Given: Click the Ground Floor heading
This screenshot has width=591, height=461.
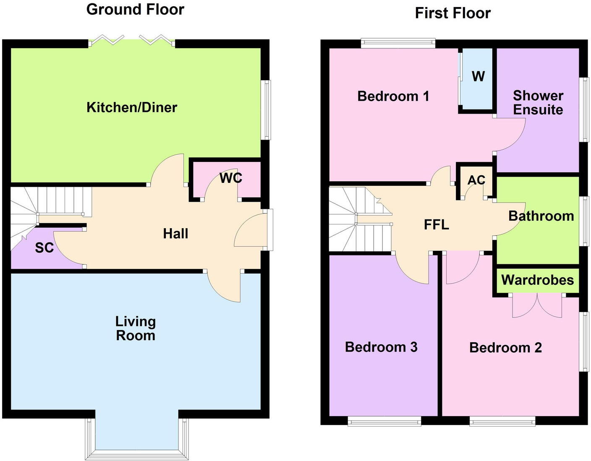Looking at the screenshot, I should pyautogui.click(x=135, y=9).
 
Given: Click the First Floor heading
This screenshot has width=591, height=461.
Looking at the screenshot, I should pyautogui.click(x=452, y=13).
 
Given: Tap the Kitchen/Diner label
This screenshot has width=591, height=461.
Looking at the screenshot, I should pyautogui.click(x=132, y=107).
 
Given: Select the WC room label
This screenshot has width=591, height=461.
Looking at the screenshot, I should pyautogui.click(x=231, y=178).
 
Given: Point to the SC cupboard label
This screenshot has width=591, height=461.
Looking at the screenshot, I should pyautogui.click(x=44, y=248).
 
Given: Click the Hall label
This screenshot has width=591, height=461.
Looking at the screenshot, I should pyautogui.click(x=175, y=234).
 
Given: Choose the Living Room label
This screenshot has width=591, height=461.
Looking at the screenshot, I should pyautogui.click(x=136, y=328).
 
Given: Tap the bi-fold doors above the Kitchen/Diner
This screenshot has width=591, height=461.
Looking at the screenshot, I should pyautogui.click(x=132, y=40).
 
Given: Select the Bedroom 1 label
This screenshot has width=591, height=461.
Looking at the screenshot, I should pyautogui.click(x=393, y=96).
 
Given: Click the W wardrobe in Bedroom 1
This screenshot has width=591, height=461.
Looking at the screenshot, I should pyautogui.click(x=478, y=76).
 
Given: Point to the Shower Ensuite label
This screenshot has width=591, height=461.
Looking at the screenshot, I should pyautogui.click(x=538, y=102).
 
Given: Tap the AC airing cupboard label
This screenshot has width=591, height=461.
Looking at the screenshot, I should pyautogui.click(x=476, y=180).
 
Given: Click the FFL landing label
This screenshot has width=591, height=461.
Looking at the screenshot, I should pyautogui.click(x=437, y=224).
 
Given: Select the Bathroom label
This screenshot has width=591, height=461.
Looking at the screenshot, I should pyautogui.click(x=541, y=216).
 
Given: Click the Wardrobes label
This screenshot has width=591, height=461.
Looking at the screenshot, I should pyautogui.click(x=537, y=280).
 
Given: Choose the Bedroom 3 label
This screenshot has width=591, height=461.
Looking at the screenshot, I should pyautogui.click(x=381, y=347).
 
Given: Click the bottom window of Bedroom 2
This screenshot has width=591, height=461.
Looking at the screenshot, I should pyautogui.click(x=502, y=421).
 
